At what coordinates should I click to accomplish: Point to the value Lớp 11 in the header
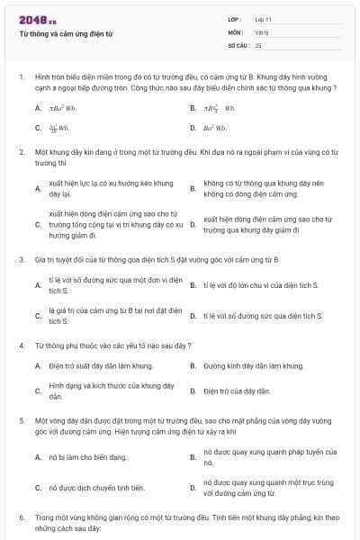[x=264, y=19]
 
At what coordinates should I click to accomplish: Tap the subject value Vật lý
[x=261, y=31]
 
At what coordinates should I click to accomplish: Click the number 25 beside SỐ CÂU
[x=258, y=44]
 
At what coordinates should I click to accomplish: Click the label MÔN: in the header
[x=236, y=31]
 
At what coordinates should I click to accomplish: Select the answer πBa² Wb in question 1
[x=63, y=109]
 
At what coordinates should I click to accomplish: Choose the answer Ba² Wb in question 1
[x=215, y=129]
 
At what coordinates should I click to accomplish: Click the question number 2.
[x=21, y=153]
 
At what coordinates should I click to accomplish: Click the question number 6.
[x=21, y=518]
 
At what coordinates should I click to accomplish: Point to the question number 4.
[x=21, y=346]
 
